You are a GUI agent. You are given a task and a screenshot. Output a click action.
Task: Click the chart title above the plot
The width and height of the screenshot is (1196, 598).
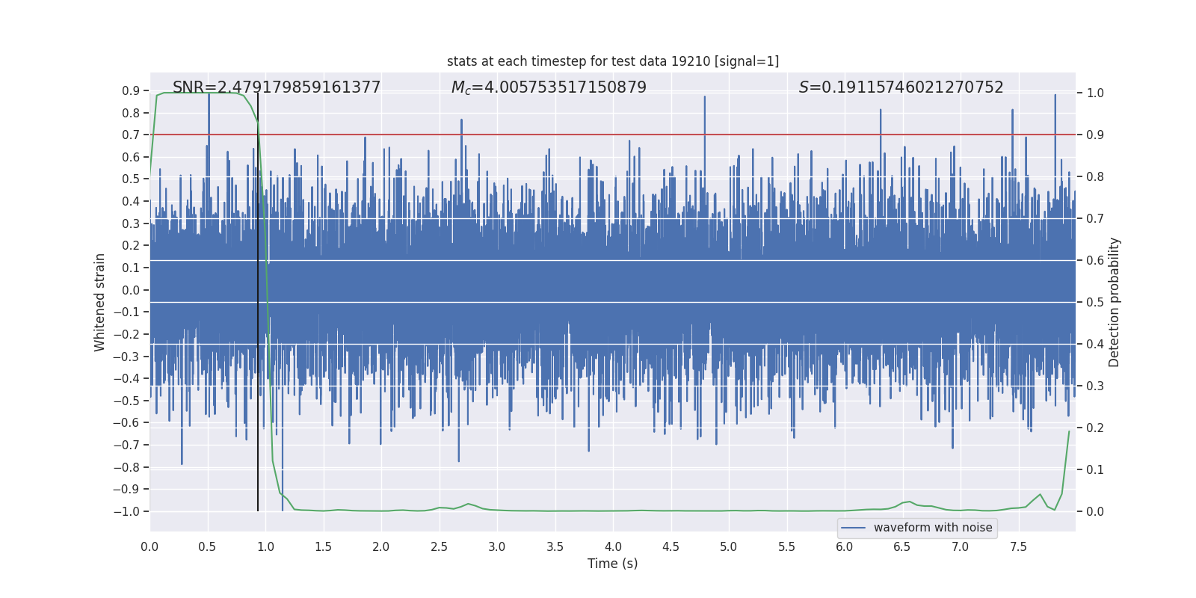coord(613,61)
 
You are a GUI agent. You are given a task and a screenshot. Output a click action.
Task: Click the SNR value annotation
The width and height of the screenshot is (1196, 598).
coord(277,87)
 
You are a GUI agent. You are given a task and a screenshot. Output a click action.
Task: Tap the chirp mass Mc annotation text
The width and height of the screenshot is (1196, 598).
coord(549,87)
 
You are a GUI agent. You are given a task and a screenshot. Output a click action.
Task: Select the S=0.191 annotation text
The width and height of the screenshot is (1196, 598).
coord(901,87)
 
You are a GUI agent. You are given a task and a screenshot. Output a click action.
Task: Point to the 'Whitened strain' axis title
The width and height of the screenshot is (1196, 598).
coord(100,302)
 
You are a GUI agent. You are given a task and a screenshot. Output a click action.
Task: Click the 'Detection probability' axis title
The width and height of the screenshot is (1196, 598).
coord(1115,302)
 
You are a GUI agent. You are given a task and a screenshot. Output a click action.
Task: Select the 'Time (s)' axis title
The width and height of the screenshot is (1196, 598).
coord(613,564)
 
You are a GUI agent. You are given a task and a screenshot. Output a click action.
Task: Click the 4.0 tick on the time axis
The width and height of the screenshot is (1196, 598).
coord(613,546)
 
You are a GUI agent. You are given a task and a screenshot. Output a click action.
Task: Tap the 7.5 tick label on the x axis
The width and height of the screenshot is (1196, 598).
coord(1018,546)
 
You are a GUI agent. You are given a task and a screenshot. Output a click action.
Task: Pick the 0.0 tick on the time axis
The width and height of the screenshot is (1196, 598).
coord(149,546)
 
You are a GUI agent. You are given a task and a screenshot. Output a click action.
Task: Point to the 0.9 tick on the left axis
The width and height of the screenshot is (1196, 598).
coord(131,90)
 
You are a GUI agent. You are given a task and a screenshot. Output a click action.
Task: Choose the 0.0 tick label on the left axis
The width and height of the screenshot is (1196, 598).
coord(131,290)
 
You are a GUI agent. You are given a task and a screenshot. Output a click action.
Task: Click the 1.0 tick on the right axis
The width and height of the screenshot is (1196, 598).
coord(1095,93)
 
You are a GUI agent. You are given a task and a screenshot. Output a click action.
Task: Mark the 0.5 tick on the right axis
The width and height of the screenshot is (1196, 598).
coord(1095,303)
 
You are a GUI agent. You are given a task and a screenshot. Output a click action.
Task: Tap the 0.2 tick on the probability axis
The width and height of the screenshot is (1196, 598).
coord(1095,428)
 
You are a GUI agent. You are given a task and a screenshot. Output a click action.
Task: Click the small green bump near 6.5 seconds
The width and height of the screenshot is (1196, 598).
coord(907,502)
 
